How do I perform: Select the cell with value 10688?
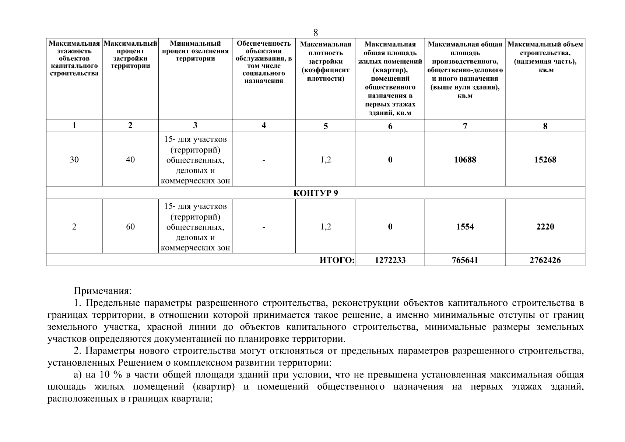tap(465, 159)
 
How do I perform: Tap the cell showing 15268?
tap(545, 159)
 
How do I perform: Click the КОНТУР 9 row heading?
tap(316, 193)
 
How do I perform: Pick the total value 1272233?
tap(390, 260)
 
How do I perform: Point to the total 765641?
tap(465, 260)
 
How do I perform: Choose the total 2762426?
tap(545, 260)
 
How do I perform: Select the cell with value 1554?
tap(465, 227)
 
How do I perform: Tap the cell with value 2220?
tap(545, 227)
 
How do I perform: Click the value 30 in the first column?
tap(74, 159)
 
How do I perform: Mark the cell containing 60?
tap(130, 227)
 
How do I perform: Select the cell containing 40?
tap(130, 159)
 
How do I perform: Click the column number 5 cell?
tap(326, 126)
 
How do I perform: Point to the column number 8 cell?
tap(545, 126)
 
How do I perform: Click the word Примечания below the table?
tap(102, 291)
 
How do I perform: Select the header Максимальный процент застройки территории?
tap(130, 55)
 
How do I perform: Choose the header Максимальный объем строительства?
tap(545, 57)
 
